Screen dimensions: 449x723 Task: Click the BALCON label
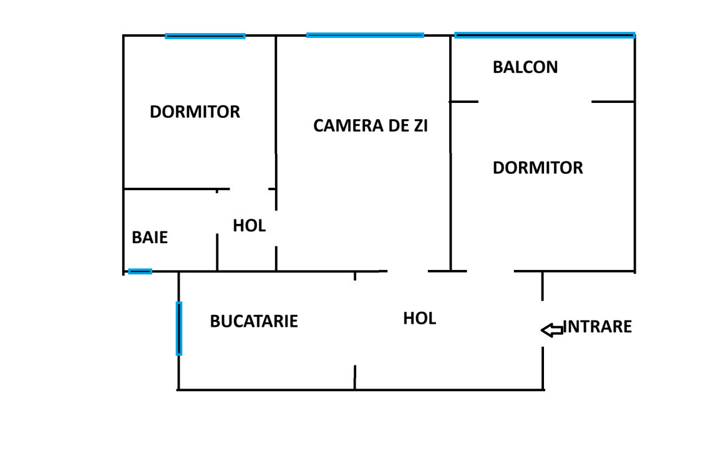tap(525, 67)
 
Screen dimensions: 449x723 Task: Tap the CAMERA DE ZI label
tap(371, 126)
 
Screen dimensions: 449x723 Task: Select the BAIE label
tap(150, 238)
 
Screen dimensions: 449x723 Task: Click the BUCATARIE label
tap(254, 322)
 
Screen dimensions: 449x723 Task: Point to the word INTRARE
tap(598, 327)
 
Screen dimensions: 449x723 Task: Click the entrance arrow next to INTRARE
tap(551, 330)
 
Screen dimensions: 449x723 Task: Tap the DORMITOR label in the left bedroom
tap(195, 112)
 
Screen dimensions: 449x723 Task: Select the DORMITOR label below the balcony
tap(538, 168)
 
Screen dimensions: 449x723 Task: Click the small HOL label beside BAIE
tap(250, 226)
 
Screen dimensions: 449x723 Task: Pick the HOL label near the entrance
tap(419, 319)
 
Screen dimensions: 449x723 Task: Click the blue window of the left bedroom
tap(205, 36)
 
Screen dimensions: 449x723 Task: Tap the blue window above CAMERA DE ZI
tap(365, 36)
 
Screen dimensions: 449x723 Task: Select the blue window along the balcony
tap(545, 36)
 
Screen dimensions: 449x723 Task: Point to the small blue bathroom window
tap(140, 271)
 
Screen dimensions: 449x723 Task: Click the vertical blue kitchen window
tap(179, 328)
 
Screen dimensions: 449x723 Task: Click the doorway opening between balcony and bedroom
tap(535, 102)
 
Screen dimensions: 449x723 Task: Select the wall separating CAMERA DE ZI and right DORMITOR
tap(450, 187)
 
